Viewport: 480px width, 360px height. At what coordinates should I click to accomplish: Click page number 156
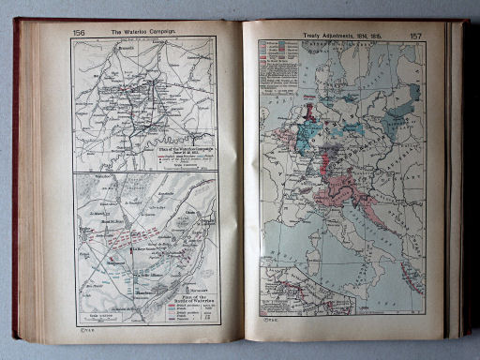79,33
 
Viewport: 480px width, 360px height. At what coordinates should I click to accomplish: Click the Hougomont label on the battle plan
109,262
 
